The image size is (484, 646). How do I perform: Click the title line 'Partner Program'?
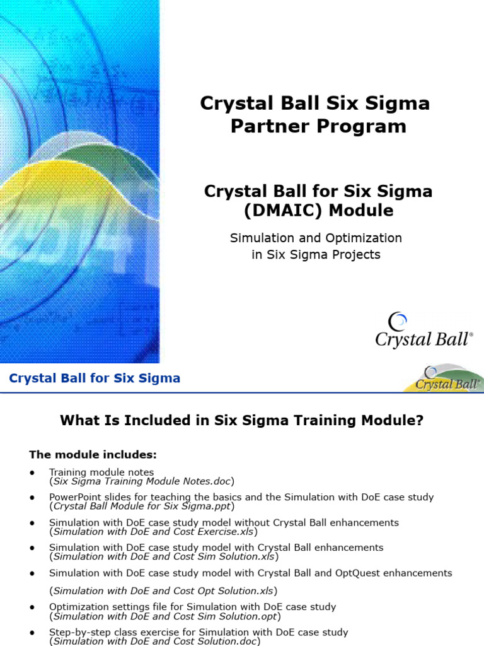click(x=318, y=126)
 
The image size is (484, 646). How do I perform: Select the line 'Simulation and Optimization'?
click(x=316, y=238)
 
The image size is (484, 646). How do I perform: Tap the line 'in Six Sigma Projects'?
click(x=316, y=255)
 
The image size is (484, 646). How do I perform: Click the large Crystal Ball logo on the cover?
click(x=423, y=331)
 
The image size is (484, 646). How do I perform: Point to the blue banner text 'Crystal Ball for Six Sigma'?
click(x=95, y=379)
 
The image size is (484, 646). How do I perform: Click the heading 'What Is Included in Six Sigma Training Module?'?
click(x=242, y=421)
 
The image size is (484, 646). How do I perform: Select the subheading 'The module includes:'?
click(x=93, y=454)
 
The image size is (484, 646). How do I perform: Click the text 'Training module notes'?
click(x=101, y=472)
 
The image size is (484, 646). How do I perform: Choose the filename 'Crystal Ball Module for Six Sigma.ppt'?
click(x=142, y=506)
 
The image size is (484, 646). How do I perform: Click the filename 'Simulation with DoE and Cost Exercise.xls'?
click(x=153, y=531)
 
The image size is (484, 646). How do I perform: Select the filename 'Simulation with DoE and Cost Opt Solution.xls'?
click(x=163, y=590)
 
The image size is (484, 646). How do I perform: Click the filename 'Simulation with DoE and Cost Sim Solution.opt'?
click(x=165, y=616)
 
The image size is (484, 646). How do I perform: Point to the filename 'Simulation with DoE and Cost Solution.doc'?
click(x=154, y=640)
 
